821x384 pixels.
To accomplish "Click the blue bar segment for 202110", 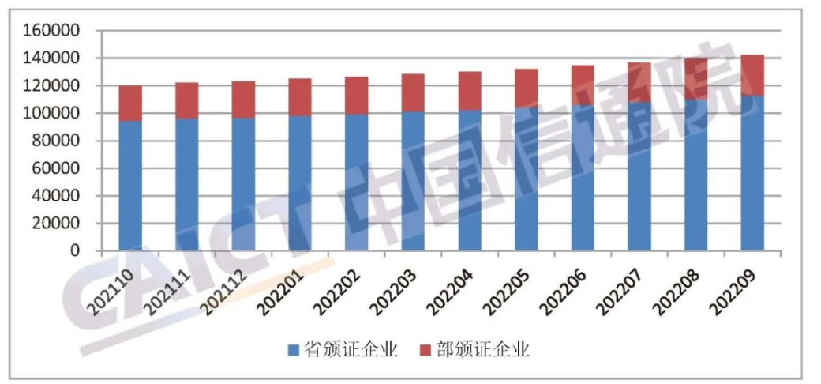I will point(130,186).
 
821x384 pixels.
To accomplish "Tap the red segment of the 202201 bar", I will point(300,97).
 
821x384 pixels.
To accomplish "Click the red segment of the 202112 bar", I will point(243,100).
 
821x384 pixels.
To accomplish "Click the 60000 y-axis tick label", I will point(56,168).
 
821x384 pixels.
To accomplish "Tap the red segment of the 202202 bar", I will point(357,96).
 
